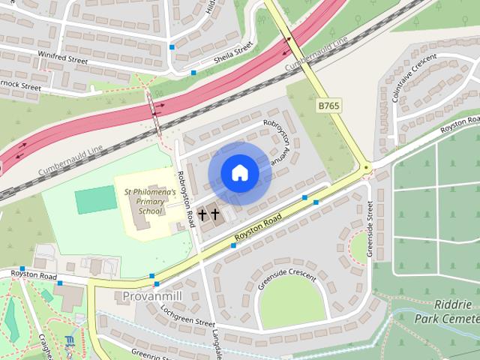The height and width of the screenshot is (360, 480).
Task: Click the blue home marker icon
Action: point(239,173)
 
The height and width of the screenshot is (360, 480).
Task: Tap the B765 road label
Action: point(328,106)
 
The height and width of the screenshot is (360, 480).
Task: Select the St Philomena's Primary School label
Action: point(150,202)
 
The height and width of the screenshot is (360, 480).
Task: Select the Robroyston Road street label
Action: point(185,198)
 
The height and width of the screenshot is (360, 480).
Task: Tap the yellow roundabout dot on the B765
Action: point(365,168)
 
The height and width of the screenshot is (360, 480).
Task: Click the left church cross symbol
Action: point(202,215)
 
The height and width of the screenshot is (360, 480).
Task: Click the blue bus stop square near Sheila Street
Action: point(194,73)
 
